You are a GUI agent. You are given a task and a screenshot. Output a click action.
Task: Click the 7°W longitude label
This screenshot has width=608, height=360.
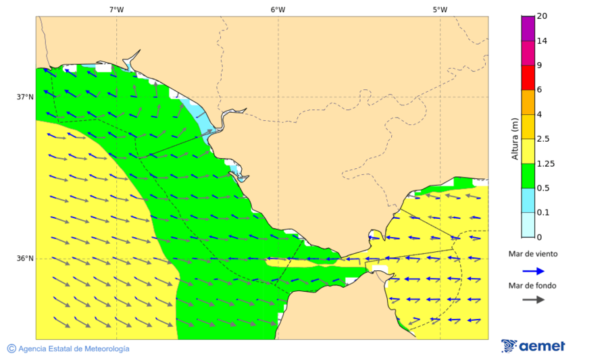(x=116, y=9)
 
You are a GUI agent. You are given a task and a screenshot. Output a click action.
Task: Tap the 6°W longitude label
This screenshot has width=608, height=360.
(x=278, y=9)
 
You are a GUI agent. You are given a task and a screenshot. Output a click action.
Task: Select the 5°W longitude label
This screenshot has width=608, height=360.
(x=440, y=9)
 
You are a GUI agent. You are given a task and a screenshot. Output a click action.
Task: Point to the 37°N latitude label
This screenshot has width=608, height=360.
(x=25, y=97)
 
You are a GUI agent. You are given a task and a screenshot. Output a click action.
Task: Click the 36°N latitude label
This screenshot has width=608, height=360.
(x=25, y=259)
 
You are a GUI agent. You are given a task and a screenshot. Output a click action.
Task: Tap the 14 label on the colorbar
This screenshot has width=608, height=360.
(x=542, y=41)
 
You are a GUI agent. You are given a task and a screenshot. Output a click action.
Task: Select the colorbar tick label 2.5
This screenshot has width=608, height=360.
(x=543, y=139)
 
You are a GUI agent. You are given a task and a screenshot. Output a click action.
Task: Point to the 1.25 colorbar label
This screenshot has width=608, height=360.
(x=545, y=163)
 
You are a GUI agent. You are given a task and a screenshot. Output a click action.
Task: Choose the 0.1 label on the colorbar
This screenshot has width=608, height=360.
(x=543, y=213)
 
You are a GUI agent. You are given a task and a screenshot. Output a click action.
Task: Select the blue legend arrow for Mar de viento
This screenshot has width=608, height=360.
(x=534, y=271)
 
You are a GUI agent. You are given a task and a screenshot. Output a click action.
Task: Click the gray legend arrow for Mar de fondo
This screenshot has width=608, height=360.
(x=534, y=299)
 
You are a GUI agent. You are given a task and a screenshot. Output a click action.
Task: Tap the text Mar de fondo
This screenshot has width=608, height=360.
(x=533, y=286)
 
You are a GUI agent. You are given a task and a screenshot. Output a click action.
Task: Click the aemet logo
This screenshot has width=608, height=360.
(x=533, y=346)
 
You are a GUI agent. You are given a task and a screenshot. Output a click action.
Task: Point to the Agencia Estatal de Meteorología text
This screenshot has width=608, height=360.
(x=74, y=349)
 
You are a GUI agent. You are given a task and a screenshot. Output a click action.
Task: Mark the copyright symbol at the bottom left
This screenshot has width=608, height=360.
(x=11, y=349)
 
